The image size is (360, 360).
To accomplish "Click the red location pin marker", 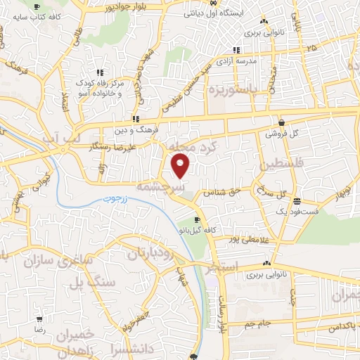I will (x=181, y=166).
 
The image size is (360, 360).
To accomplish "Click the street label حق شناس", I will (x=218, y=191).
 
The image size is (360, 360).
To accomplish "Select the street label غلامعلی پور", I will (x=246, y=240).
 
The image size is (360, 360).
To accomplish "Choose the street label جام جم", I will (x=252, y=323).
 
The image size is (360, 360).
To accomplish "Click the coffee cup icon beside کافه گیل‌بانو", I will (x=186, y=219).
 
